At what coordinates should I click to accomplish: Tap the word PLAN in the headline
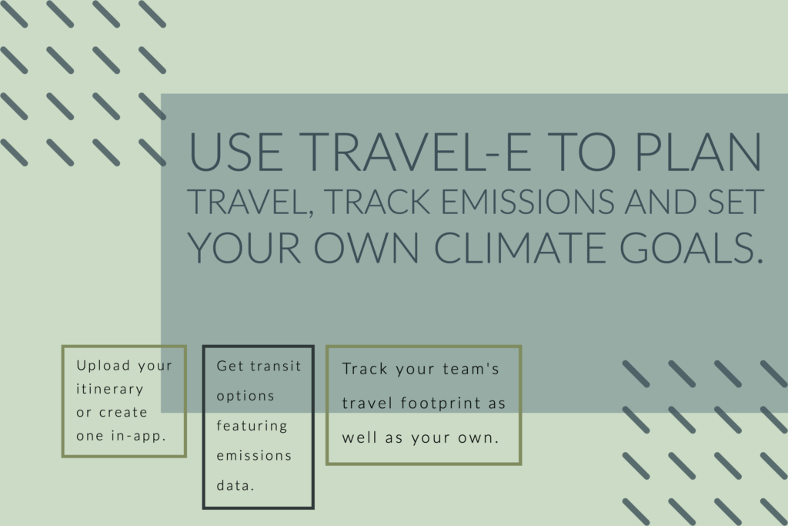click(x=699, y=152)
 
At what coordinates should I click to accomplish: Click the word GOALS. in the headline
click(x=692, y=247)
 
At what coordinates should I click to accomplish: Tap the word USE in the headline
click(x=235, y=152)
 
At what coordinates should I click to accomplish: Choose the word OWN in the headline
click(x=366, y=247)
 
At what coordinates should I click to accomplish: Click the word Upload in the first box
click(x=103, y=366)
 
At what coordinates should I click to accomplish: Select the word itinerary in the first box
click(x=109, y=389)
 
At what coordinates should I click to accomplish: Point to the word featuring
click(x=252, y=427)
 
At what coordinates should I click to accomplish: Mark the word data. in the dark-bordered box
click(x=235, y=485)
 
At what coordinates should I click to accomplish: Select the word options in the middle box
click(x=245, y=397)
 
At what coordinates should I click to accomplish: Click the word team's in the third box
click(x=471, y=369)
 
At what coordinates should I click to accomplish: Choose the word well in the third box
click(x=359, y=437)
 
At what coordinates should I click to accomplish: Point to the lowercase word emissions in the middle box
click(x=254, y=456)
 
